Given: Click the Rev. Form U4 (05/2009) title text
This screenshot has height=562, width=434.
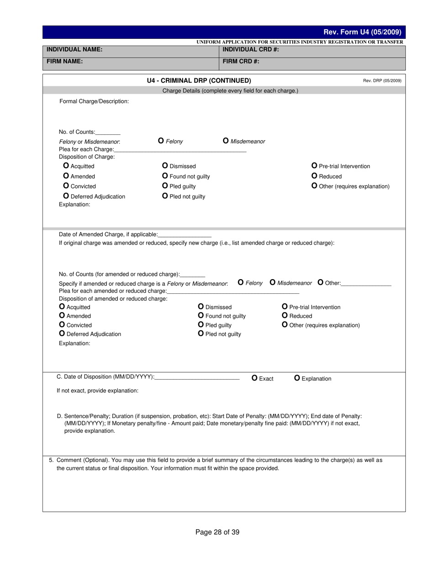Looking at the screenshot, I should (x=362, y=32).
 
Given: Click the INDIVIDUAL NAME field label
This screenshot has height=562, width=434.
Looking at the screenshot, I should (x=74, y=49).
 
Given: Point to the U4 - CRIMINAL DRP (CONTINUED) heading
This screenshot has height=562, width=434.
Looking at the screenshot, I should (x=199, y=80).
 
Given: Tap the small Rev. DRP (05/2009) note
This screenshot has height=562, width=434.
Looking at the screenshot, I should (x=382, y=81).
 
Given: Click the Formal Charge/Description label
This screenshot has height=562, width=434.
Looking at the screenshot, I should (x=94, y=101).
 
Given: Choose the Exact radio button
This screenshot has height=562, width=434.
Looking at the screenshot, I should (x=255, y=378).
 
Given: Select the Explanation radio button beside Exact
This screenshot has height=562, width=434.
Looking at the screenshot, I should (x=297, y=378).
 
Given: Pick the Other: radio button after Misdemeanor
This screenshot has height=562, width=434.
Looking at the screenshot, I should (x=320, y=283).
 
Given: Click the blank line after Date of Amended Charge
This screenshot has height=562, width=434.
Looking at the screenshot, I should (x=185, y=235).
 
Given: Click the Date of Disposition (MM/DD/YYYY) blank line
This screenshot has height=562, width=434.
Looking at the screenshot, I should (x=197, y=377).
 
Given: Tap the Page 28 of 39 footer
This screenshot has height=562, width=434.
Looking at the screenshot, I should (x=217, y=532).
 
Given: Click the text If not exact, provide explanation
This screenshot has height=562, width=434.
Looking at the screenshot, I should (x=97, y=391).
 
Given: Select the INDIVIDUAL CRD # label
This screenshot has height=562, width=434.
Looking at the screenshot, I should (x=251, y=49).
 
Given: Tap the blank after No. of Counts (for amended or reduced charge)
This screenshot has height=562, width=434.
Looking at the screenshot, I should (x=192, y=275).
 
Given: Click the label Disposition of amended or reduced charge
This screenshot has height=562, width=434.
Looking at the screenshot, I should (x=113, y=299).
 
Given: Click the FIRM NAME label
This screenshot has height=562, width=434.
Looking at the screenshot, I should (x=64, y=61).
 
